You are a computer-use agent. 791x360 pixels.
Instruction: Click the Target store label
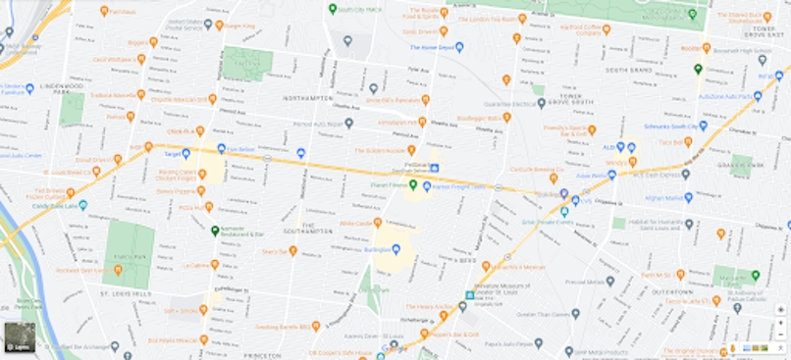click(x=171, y=154)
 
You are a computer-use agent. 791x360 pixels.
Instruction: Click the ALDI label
click(x=609, y=147)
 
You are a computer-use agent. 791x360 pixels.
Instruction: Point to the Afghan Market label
click(x=668, y=197)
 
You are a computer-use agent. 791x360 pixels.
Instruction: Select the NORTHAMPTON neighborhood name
click(x=308, y=99)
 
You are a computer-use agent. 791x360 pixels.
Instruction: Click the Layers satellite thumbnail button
click(x=20, y=336)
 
